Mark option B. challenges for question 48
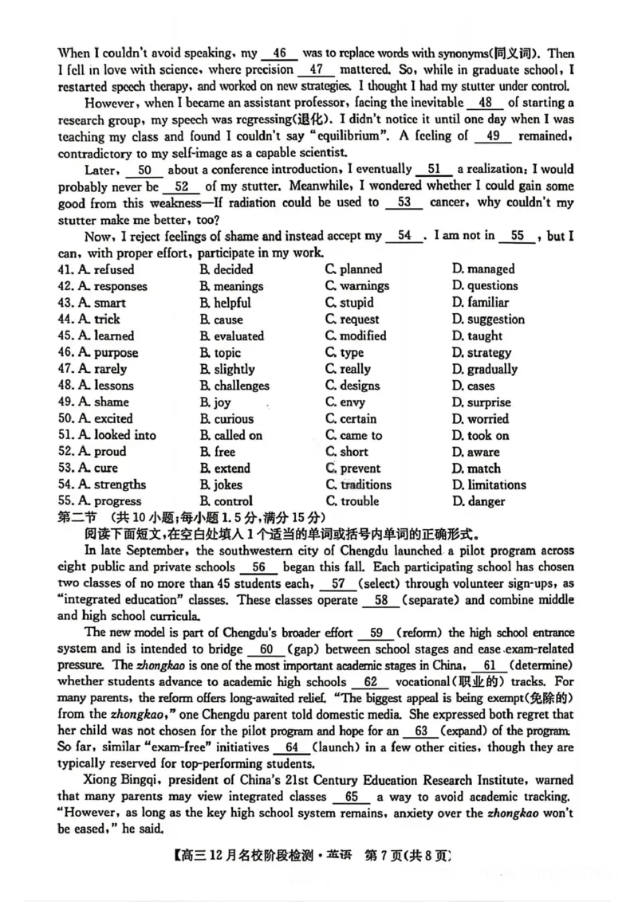coord(235,386)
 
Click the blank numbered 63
coord(421,731)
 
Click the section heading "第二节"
coord(77,518)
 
